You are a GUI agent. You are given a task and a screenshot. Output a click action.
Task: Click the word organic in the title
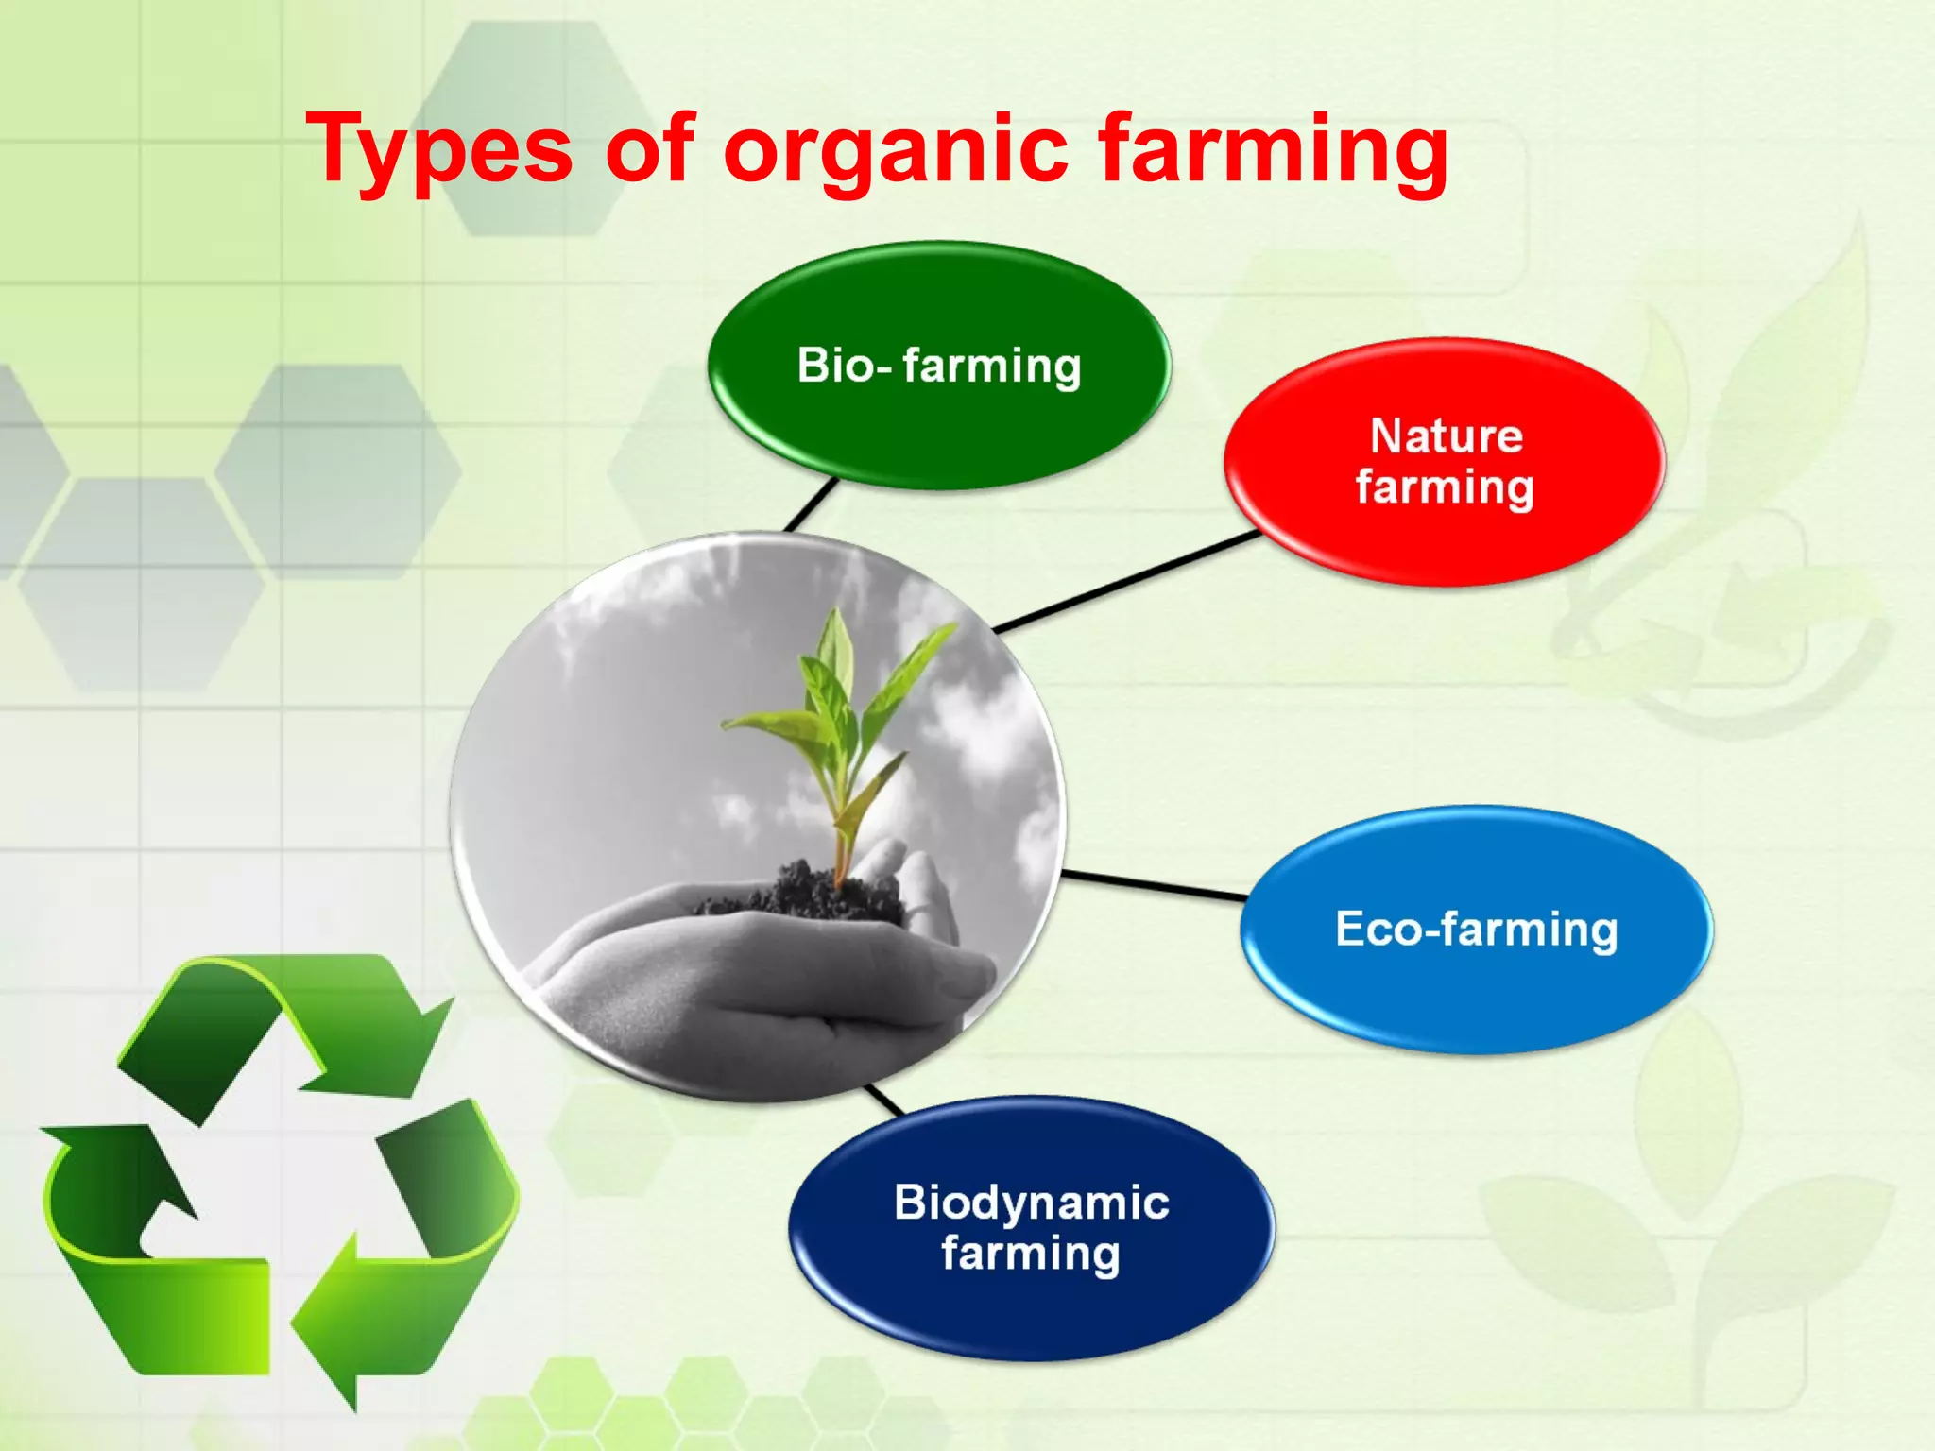point(896,151)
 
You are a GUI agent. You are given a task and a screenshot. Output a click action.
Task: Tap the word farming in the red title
point(1272,151)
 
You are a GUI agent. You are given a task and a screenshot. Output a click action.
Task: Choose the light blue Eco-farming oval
point(1476,992)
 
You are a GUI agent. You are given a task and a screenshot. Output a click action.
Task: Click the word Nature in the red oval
point(1446,436)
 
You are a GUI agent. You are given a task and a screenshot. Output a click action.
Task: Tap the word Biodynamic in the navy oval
point(1032,1203)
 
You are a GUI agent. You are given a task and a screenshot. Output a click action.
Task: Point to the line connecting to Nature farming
point(1129,581)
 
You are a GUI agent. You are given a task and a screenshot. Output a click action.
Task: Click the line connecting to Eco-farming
point(1155,885)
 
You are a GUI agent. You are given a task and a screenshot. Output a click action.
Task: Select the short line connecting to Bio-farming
point(811,505)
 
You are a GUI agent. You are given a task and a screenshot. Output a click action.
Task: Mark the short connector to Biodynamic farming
point(884,1100)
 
